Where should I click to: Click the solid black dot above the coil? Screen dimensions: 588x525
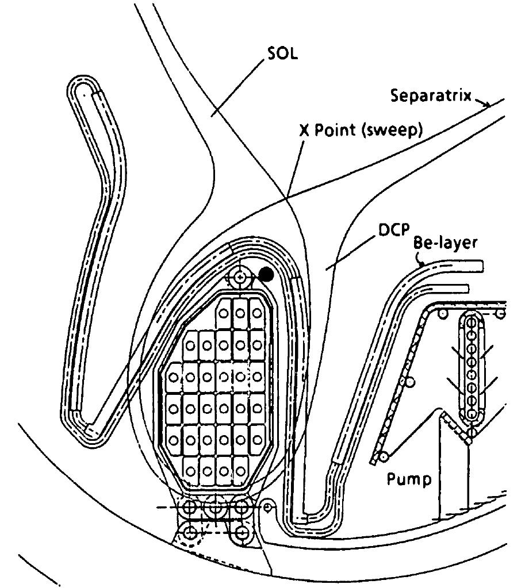coord(266,274)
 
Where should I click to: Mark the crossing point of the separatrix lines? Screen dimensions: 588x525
coord(286,199)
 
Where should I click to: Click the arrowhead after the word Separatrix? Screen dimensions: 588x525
coord(486,104)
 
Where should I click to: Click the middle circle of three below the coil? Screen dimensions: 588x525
coord(216,508)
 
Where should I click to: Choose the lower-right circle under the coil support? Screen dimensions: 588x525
coord(242,532)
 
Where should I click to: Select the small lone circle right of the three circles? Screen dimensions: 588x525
coord(267,506)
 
